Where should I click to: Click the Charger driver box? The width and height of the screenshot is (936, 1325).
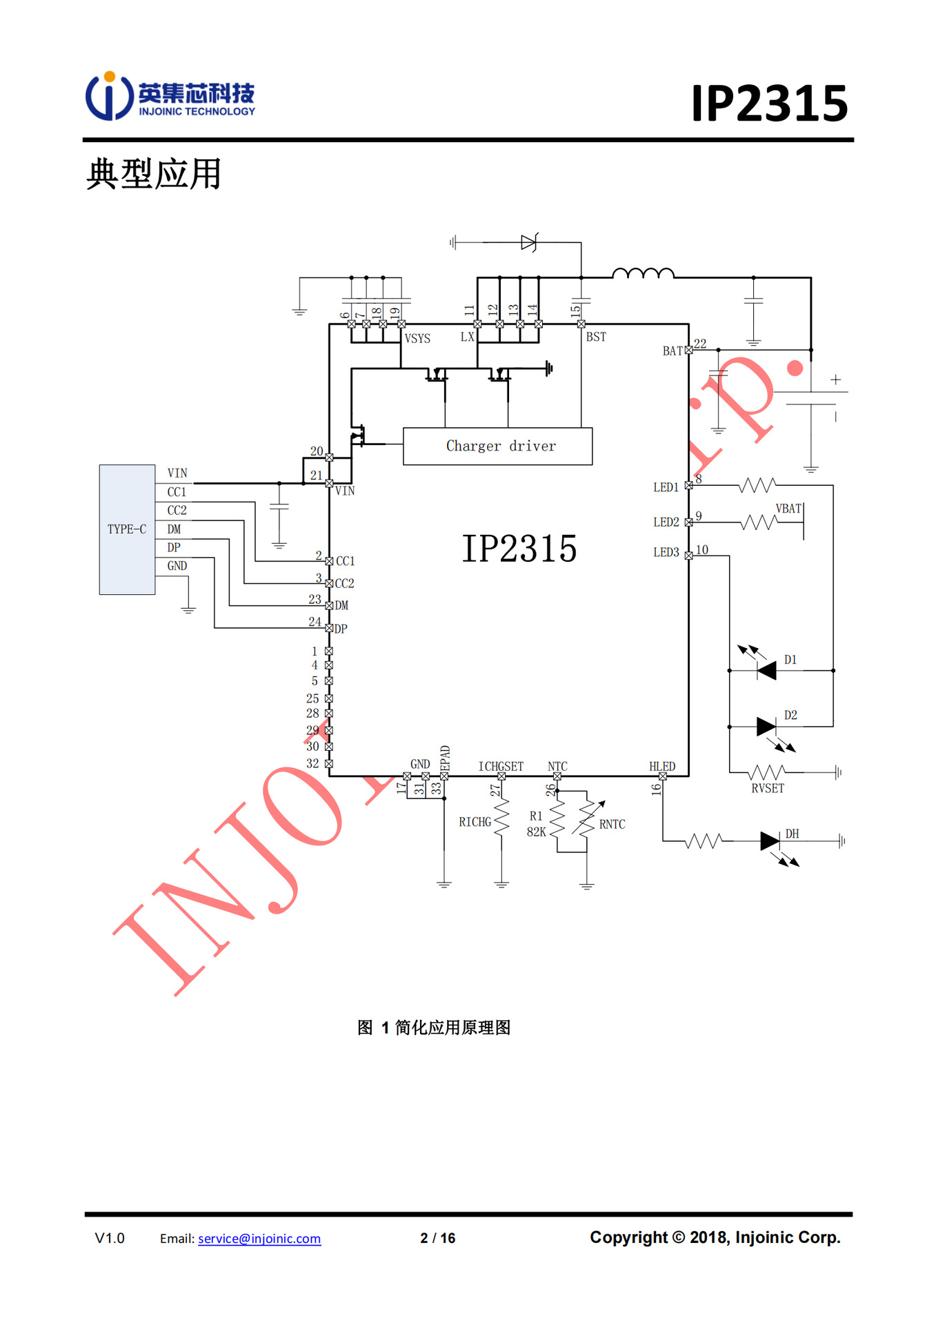[x=497, y=446]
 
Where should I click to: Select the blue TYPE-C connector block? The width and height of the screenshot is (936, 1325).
[x=127, y=529]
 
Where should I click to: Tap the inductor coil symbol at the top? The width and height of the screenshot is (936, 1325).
[x=643, y=274]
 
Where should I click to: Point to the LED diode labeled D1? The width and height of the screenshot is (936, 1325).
[x=766, y=670]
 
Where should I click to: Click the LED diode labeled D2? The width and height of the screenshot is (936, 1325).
[x=766, y=726]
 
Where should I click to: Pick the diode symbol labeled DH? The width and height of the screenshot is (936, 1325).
[x=770, y=841]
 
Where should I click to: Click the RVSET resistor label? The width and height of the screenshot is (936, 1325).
[x=768, y=789]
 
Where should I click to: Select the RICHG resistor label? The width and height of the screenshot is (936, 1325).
[x=475, y=822]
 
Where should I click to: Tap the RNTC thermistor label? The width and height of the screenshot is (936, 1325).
[x=612, y=825]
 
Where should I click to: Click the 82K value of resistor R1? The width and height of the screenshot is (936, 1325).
[x=536, y=832]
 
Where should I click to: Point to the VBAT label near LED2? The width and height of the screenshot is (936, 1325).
[x=788, y=509]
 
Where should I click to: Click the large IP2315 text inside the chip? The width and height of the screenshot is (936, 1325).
[x=519, y=549]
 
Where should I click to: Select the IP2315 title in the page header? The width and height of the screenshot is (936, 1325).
[x=769, y=104]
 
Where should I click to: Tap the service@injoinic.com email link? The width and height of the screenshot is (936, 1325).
[x=259, y=1239]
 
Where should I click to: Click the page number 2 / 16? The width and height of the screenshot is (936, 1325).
[x=438, y=1238]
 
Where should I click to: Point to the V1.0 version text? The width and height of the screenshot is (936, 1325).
[x=110, y=1238]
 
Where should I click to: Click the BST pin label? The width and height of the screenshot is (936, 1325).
[x=596, y=337]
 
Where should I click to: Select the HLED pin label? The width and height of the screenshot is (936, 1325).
[x=662, y=767]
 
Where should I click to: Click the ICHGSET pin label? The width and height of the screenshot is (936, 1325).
[x=501, y=767]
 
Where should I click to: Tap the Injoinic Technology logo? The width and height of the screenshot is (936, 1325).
[x=170, y=97]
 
